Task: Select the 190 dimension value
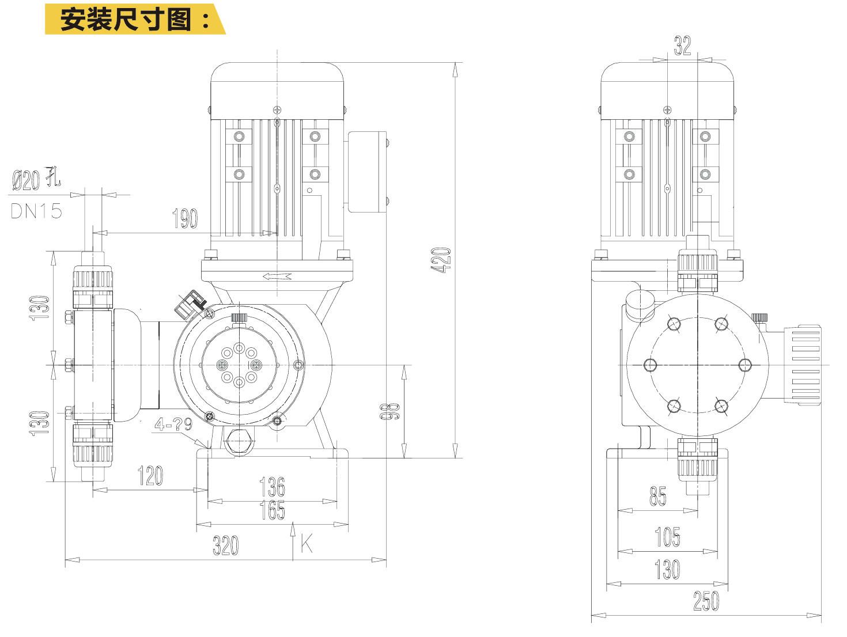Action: coord(185,218)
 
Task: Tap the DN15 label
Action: coord(36,211)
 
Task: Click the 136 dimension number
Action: coord(272,487)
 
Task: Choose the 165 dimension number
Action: coord(272,510)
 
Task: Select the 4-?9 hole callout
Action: coord(173,425)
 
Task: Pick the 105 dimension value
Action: coord(667,537)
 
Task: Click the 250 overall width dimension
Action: coord(706,601)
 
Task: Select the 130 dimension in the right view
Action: coord(667,570)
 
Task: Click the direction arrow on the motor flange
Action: coord(277,276)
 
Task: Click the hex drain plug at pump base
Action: coord(237,442)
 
